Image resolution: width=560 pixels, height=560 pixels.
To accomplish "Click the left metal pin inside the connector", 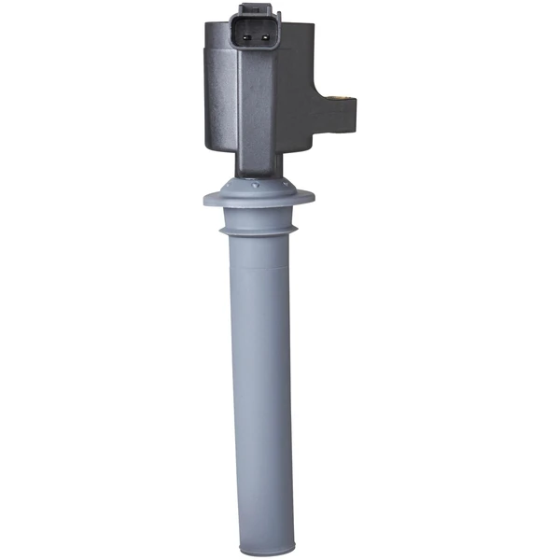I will coord(246,40).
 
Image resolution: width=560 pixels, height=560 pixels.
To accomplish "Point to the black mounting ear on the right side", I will coord(338,107).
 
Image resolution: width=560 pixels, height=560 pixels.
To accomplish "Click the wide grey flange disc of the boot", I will coord(258,198).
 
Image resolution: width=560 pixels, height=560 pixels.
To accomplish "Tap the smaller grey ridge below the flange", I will coord(258,230).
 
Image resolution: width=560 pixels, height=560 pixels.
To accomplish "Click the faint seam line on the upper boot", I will coord(258,265).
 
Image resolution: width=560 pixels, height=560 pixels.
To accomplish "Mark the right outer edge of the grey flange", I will coord(312,197).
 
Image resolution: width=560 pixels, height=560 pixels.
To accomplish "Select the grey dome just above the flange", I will coord(258,184).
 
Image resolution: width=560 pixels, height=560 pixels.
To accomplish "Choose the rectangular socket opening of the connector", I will coord(256,40).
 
